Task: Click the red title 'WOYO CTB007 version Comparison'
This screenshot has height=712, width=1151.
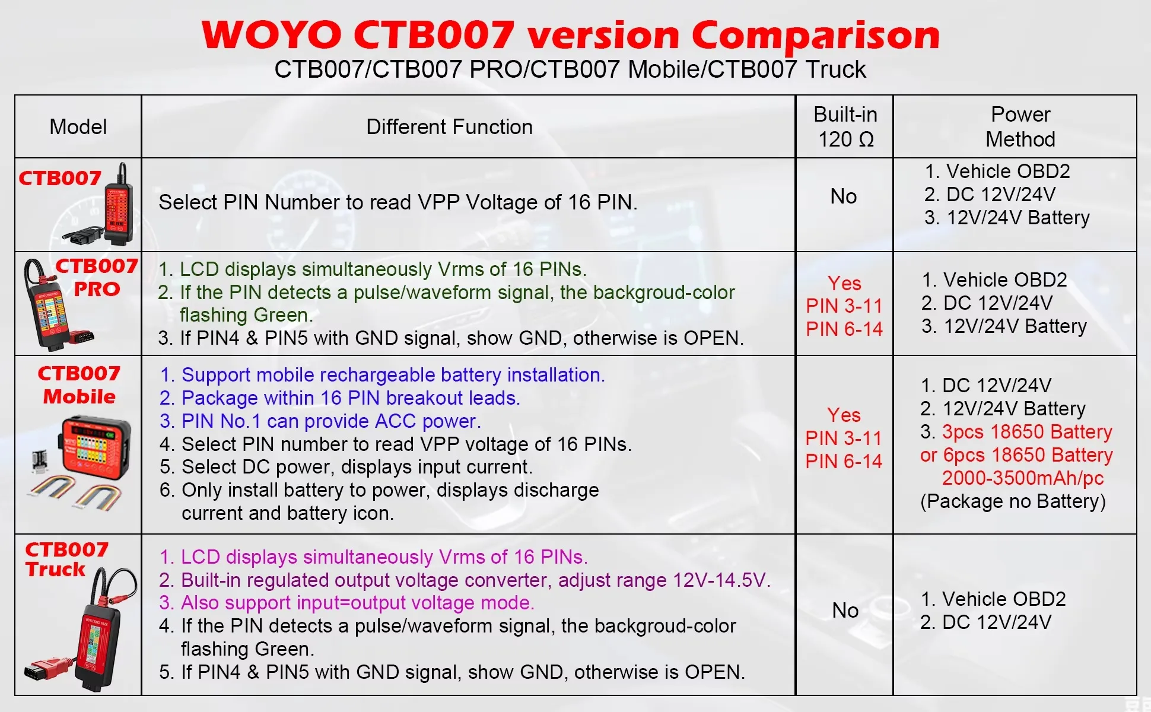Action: coord(571,34)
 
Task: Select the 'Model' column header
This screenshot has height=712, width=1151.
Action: coord(78,126)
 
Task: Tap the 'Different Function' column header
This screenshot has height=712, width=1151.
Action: coord(449,126)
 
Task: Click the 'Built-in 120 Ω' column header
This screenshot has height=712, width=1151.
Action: coord(845,126)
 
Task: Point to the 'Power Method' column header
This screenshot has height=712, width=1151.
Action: coord(1020,126)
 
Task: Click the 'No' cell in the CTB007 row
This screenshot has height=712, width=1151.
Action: coord(844,196)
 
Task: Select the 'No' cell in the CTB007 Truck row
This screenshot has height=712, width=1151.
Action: coord(845,610)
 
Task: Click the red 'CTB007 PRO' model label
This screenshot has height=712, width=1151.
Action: coord(97,278)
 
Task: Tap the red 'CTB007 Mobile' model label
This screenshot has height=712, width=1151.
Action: coord(79,385)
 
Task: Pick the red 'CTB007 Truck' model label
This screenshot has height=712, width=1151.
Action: coord(66,560)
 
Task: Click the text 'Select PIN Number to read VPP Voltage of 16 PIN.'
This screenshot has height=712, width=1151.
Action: coord(398,202)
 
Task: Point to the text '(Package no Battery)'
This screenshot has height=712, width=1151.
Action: coord(1013,501)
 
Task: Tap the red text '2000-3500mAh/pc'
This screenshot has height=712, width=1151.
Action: coord(1023,478)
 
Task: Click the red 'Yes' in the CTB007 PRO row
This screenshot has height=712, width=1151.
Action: coord(844,283)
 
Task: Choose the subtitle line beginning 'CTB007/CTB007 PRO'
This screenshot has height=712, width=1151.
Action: coord(570,69)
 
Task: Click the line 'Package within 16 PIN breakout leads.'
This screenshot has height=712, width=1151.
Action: coord(351,398)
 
